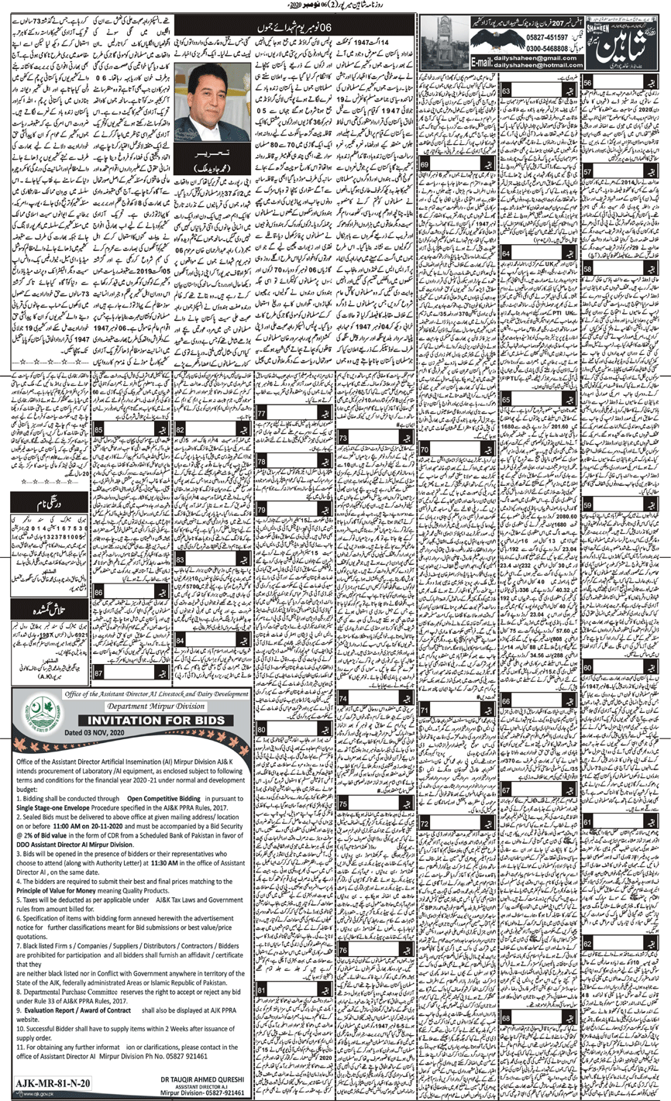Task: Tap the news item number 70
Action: pyautogui.click(x=425, y=449)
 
